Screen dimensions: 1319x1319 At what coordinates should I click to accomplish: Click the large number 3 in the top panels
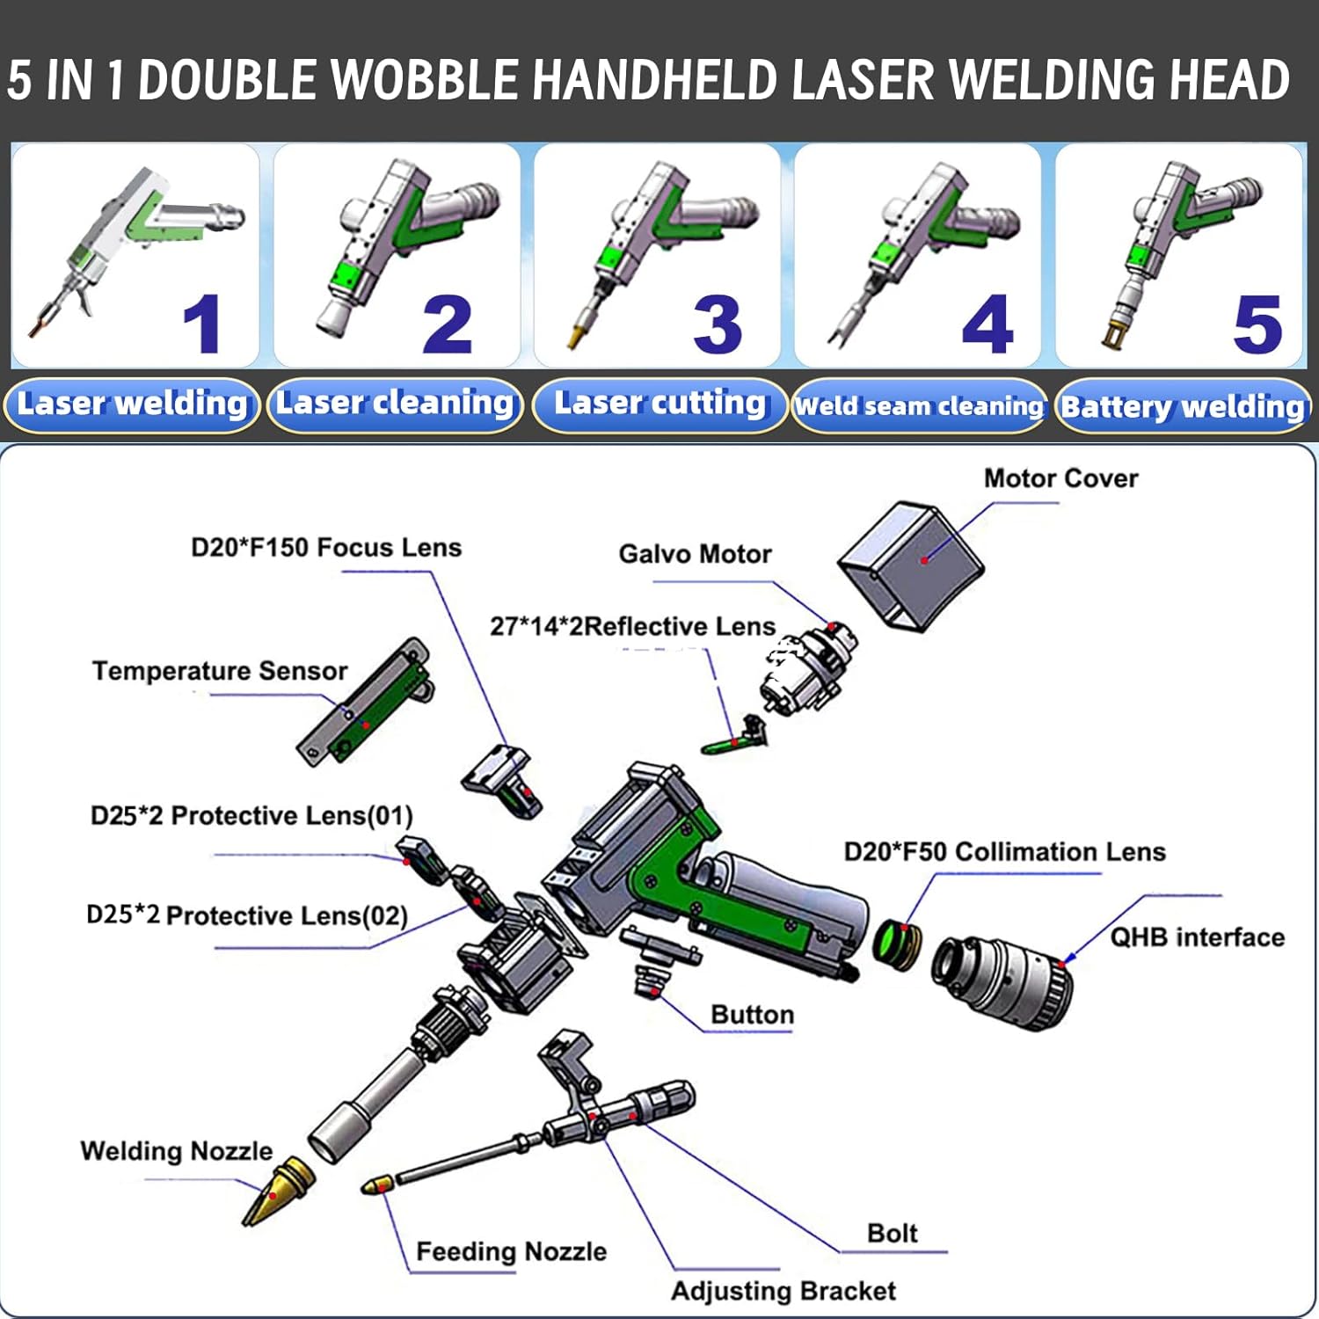717,324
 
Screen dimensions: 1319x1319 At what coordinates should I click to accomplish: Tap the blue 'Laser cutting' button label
659,403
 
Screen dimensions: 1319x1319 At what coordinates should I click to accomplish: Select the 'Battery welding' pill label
1182,406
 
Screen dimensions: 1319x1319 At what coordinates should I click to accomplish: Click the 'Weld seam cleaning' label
919,406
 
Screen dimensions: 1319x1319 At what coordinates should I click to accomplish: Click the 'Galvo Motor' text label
695,554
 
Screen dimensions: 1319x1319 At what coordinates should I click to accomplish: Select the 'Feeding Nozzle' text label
511,1250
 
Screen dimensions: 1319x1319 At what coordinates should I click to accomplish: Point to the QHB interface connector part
1002,980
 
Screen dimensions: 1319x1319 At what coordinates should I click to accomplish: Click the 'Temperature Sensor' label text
220,671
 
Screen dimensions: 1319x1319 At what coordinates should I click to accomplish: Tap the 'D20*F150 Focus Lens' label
326,547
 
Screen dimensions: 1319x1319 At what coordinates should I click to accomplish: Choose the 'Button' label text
752,1014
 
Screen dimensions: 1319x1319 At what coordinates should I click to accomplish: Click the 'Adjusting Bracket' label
783,1290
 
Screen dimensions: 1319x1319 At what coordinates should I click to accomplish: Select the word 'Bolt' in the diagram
892,1233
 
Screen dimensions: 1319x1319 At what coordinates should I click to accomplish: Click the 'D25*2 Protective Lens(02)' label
247,915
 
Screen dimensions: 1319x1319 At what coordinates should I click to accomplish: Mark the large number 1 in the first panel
201,324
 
